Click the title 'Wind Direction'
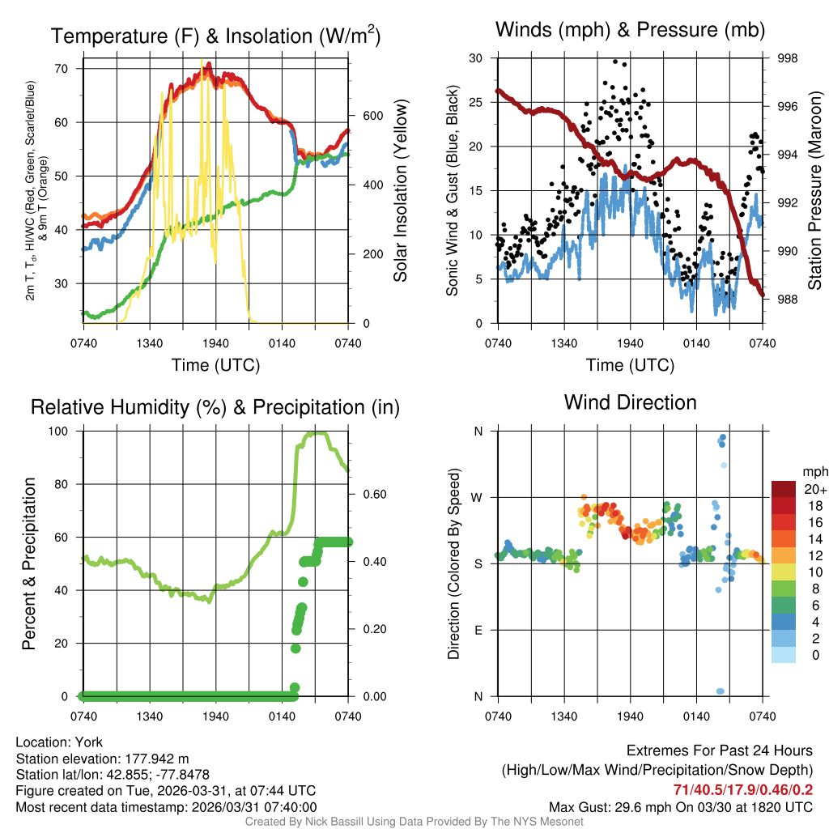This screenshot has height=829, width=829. coord(630,402)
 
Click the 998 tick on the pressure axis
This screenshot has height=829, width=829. coord(787,58)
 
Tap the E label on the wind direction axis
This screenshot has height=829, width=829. coord(478,630)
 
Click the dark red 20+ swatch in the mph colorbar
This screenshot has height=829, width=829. coord(784,488)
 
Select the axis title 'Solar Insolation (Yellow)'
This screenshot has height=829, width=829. coord(400,191)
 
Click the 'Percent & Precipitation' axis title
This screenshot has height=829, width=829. coord(30,563)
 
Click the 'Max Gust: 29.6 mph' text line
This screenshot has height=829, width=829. coord(681,806)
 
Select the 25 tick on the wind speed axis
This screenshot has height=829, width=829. coord(476,102)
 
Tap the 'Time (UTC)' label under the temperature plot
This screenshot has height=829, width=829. coord(215,365)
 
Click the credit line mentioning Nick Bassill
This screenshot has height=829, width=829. coord(414,822)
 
